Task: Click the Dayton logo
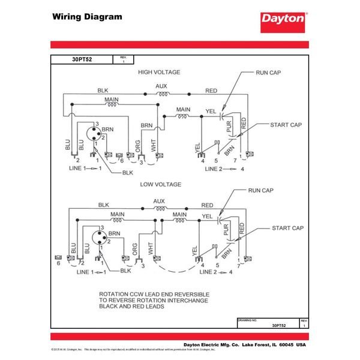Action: (283, 19)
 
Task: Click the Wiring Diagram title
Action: (86, 17)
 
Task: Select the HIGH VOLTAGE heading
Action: (159, 72)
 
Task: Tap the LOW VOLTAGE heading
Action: (160, 184)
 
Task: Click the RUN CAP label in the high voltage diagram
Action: (268, 72)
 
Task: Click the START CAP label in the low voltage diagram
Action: (287, 229)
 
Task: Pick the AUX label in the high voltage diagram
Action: (161, 86)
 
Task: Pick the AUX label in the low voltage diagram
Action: (159, 201)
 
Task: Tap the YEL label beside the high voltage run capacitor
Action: (211, 111)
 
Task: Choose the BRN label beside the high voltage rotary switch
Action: (107, 129)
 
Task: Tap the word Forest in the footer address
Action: (260, 345)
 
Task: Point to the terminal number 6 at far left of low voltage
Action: (58, 263)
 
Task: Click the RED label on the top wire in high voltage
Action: (211, 91)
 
